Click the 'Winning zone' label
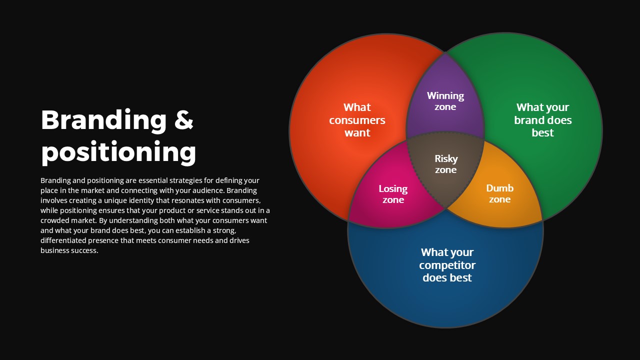[445, 101]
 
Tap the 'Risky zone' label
[446, 164]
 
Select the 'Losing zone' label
[393, 194]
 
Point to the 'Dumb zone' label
[499, 193]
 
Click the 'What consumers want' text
[357, 120]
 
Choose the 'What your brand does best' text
[543, 120]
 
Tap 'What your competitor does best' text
[447, 265]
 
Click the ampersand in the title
[183, 119]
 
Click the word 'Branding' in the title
[103, 120]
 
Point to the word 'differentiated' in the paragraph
[63, 240]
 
